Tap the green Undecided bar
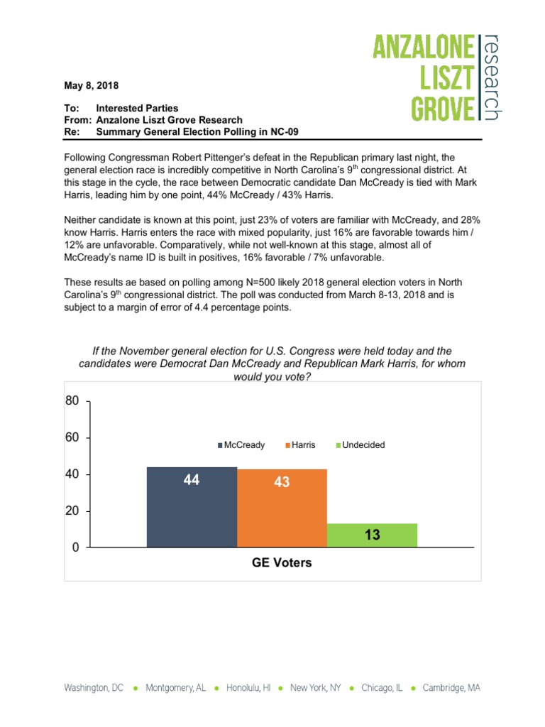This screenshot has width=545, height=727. coord(372,535)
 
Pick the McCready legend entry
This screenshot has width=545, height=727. coord(242,445)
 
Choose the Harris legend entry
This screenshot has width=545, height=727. coord(301,445)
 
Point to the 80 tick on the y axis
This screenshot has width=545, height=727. coord(72,400)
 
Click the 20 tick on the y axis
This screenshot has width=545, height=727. coord(72,511)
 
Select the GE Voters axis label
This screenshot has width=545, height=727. coord(282,563)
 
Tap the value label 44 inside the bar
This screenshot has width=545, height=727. coord(191,480)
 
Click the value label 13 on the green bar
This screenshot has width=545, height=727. coord(373,535)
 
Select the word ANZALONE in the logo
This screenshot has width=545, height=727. coord(424,50)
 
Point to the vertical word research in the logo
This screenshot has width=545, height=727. coord(492,77)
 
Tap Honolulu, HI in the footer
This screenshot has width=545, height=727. coord(248,688)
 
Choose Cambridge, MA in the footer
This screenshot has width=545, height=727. coord(451,688)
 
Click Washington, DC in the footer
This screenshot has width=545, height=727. coord(94,688)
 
